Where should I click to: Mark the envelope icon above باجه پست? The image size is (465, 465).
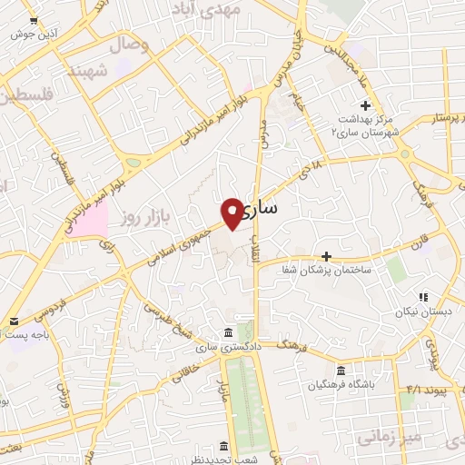click(15, 321)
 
